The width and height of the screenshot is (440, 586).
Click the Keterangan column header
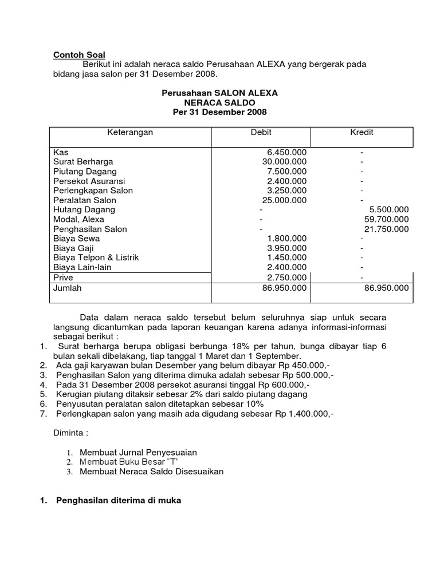tap(131, 132)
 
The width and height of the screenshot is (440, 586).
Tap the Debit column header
tap(261, 132)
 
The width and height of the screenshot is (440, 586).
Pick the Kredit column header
tap(362, 132)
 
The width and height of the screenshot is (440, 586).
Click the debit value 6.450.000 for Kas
tap(287, 152)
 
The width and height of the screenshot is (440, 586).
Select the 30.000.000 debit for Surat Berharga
tap(285, 162)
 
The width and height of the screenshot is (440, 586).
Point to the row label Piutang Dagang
tap(85, 172)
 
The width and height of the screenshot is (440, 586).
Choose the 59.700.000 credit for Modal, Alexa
tap(387, 219)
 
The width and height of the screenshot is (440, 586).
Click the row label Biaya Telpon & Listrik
tap(96, 258)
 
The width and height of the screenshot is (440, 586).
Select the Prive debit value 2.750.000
tap(287, 278)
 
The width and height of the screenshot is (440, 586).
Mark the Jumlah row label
tap(68, 288)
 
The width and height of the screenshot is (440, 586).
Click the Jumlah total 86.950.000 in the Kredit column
tap(387, 288)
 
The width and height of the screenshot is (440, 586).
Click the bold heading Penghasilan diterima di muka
tap(118, 501)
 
